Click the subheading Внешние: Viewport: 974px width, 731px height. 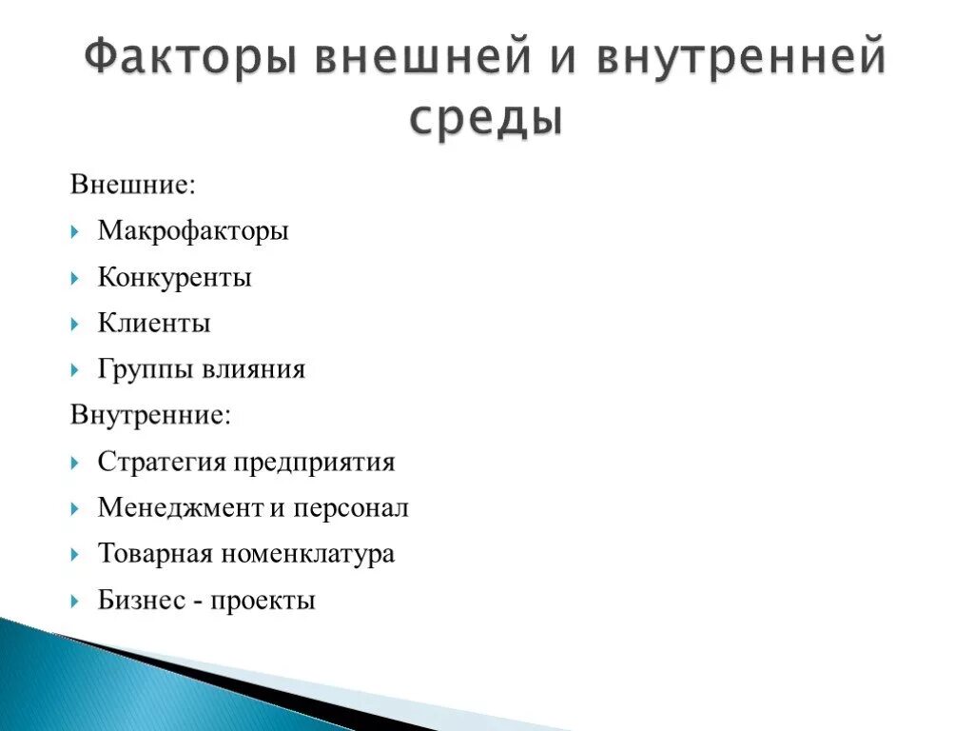pos(132,184)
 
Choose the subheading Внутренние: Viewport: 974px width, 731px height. pos(149,415)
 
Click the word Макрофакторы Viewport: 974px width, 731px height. pos(193,230)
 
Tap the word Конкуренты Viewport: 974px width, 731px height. pos(175,277)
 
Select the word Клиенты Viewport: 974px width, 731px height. pos(154,324)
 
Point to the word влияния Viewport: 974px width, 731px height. pos(253,369)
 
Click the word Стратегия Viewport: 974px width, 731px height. pos(162,463)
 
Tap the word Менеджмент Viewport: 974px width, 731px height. pos(180,508)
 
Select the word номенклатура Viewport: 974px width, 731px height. pos(307,554)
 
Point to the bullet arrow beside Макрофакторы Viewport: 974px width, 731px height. pos(75,231)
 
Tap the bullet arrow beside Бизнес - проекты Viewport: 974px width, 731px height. pos(75,602)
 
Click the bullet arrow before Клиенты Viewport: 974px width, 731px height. pos(75,325)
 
